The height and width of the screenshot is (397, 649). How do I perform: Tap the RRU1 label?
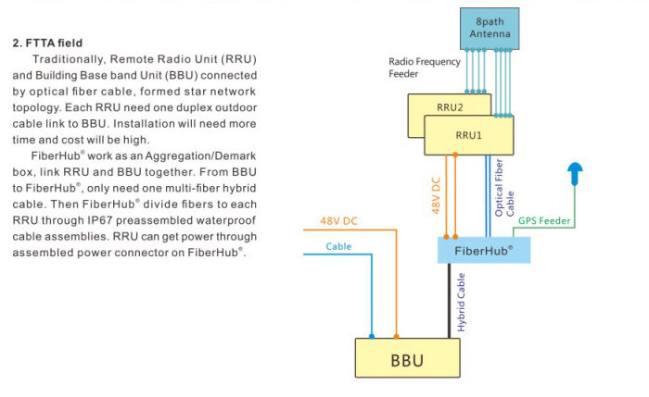point(469,135)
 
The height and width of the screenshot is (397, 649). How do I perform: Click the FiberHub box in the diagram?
point(483,250)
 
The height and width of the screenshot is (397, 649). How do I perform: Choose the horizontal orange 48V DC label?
point(339,221)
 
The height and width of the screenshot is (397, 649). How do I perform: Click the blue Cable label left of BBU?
point(339,247)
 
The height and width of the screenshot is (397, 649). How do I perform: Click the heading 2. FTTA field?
point(47,43)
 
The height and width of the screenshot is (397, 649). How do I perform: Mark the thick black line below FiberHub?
point(450,296)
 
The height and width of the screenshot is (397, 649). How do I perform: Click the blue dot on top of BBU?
point(371,337)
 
